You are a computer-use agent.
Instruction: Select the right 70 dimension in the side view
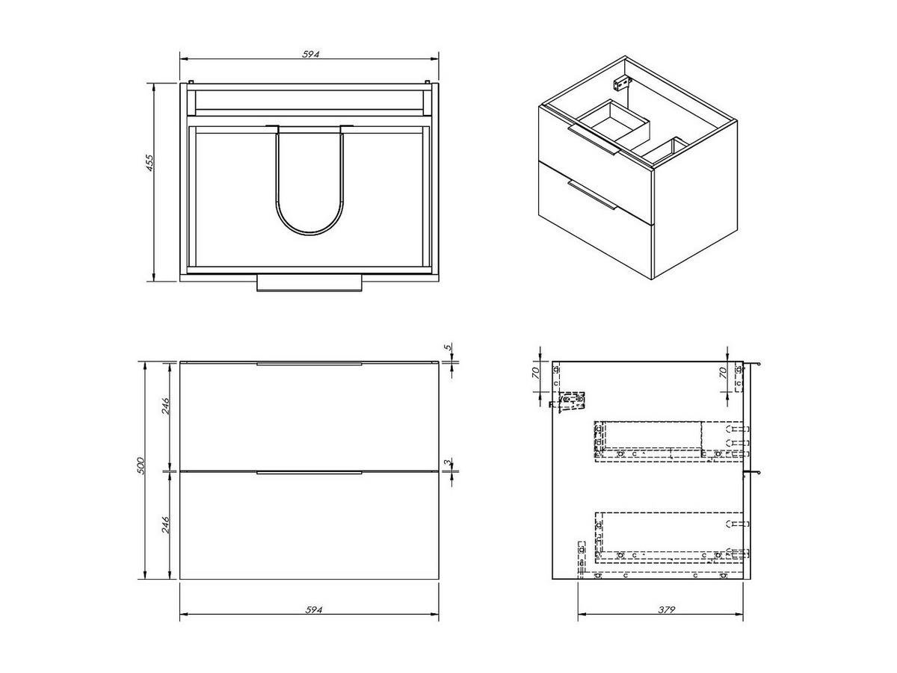[722, 373]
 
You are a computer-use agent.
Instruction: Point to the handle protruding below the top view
[309, 283]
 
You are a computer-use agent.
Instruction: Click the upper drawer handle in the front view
[309, 365]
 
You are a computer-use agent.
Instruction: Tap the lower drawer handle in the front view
[309, 473]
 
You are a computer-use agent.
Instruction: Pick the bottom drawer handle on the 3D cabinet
[591, 193]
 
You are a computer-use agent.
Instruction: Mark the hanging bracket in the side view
[572, 400]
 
